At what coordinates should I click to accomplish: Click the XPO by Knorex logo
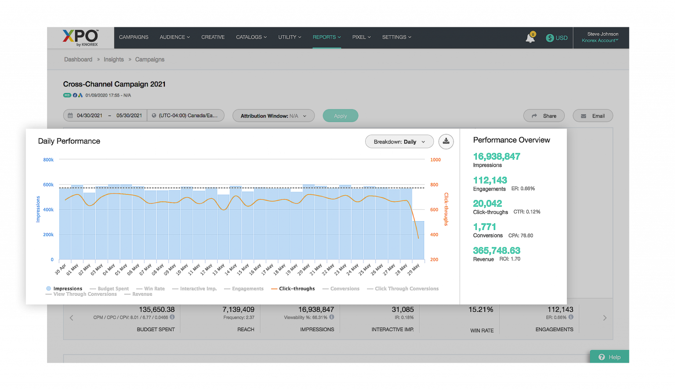(x=80, y=38)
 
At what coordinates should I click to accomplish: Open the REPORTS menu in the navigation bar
(x=326, y=37)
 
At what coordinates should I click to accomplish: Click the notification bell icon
(x=530, y=38)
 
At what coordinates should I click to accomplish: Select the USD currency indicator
(x=557, y=38)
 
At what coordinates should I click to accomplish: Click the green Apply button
(x=340, y=116)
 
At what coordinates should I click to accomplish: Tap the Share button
(x=544, y=116)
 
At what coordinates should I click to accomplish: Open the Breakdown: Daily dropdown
(x=399, y=142)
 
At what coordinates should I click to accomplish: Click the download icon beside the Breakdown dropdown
(x=446, y=141)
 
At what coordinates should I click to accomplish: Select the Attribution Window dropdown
(x=273, y=116)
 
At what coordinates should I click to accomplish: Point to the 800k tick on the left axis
(x=48, y=160)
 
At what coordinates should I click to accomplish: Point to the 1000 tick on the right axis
(x=435, y=160)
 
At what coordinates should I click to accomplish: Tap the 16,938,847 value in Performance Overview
(x=497, y=157)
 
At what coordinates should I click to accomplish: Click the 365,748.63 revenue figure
(x=497, y=250)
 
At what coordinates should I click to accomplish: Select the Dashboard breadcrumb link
(x=78, y=60)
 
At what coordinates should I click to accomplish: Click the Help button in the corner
(x=610, y=357)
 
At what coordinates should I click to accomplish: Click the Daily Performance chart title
(x=69, y=141)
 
